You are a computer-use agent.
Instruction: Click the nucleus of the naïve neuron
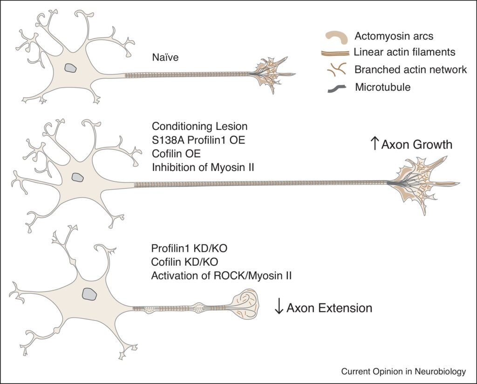click(x=71, y=68)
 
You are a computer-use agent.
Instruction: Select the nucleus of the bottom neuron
click(x=89, y=293)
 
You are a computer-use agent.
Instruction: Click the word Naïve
click(x=165, y=58)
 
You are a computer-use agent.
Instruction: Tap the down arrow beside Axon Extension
click(x=279, y=308)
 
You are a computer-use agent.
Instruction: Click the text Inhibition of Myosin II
click(x=203, y=168)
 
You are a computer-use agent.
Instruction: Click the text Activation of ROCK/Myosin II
click(x=221, y=276)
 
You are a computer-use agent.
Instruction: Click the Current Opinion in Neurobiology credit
click(x=403, y=371)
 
